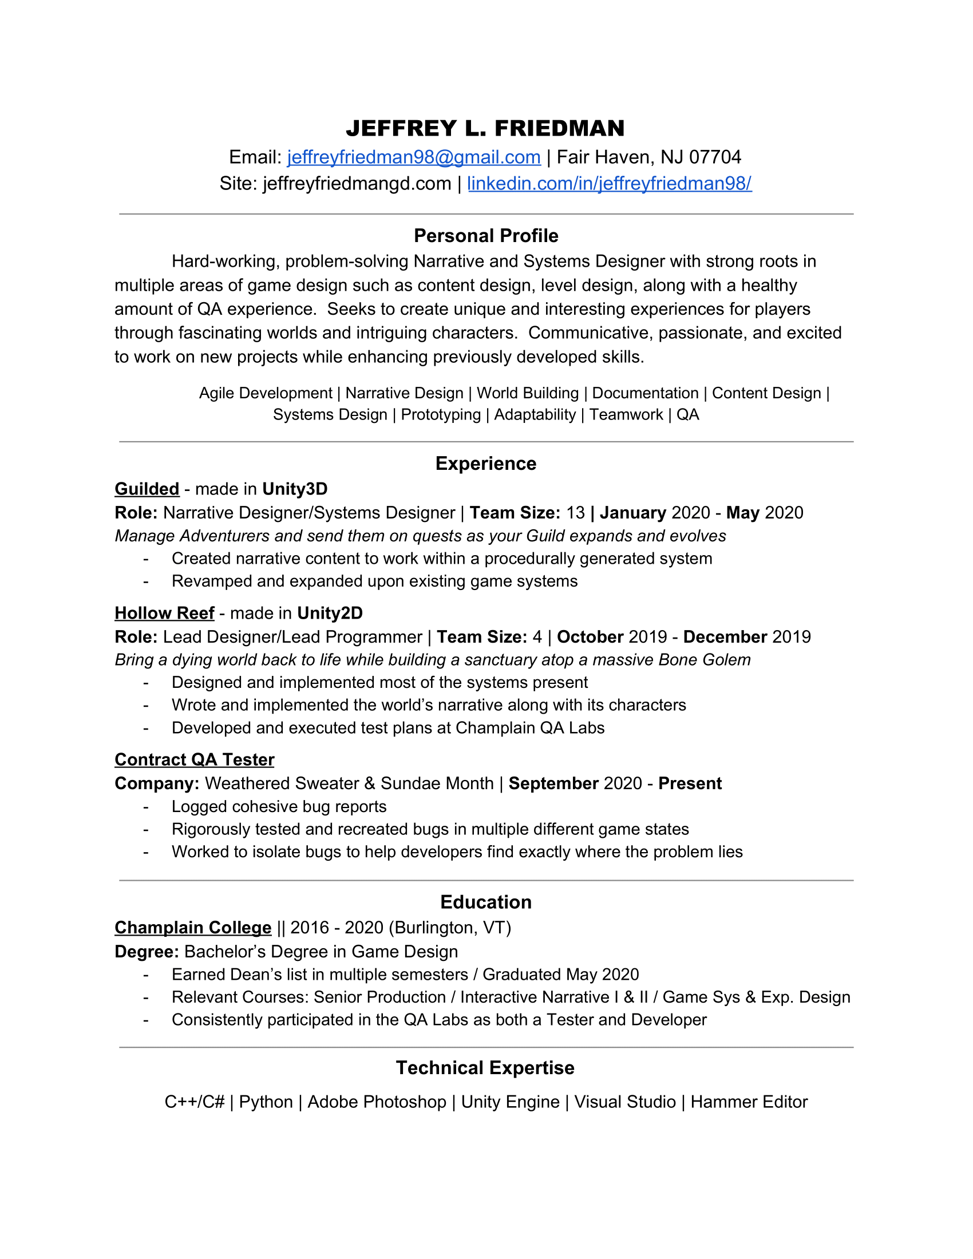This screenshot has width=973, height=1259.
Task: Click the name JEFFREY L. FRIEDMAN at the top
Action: click(485, 129)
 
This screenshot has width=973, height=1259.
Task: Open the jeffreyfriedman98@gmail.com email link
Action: click(413, 157)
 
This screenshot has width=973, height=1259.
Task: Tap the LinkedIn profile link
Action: click(610, 183)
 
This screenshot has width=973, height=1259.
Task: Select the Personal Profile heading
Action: click(486, 236)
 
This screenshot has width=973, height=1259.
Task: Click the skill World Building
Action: click(528, 393)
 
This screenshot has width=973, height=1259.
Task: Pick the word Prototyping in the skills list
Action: click(440, 414)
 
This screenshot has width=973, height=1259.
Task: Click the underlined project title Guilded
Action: click(147, 489)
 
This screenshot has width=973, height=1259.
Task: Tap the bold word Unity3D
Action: click(295, 489)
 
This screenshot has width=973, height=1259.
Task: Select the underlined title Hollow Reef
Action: click(164, 613)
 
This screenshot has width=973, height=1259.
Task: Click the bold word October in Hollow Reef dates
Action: click(590, 636)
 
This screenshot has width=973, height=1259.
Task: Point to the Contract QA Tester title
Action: click(194, 759)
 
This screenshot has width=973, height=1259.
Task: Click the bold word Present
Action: click(690, 783)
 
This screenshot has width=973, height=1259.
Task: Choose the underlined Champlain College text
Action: click(192, 927)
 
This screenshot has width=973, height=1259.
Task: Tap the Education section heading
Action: click(486, 901)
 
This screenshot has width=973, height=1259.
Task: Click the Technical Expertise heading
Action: click(485, 1068)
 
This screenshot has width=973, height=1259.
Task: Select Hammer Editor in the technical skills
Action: click(749, 1102)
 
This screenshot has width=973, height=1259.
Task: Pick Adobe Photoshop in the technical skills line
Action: click(377, 1102)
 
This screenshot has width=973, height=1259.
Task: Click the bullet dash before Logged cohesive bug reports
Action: click(146, 807)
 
